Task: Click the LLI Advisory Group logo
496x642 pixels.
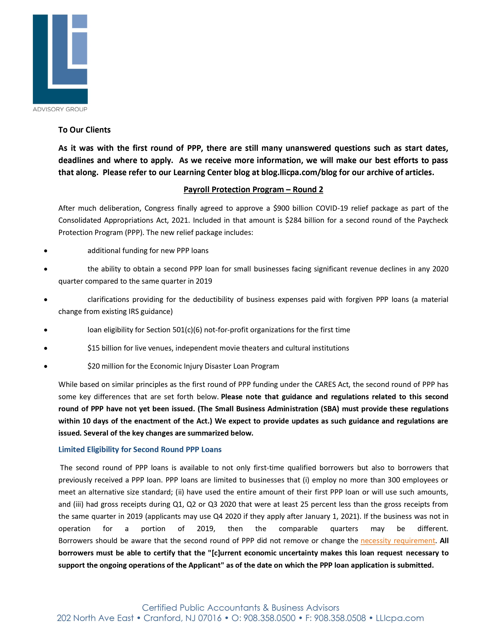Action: pos(60,59)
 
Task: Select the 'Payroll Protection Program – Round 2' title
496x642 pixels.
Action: pos(253,190)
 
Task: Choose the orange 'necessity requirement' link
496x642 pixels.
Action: pos(398,541)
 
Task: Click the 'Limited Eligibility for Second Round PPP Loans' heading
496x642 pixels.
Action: pos(140,449)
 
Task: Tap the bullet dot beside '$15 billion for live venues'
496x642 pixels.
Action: pos(46,348)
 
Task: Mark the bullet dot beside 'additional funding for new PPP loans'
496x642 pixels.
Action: pos(46,251)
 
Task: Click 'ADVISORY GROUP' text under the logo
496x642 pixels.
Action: pos(60,109)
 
